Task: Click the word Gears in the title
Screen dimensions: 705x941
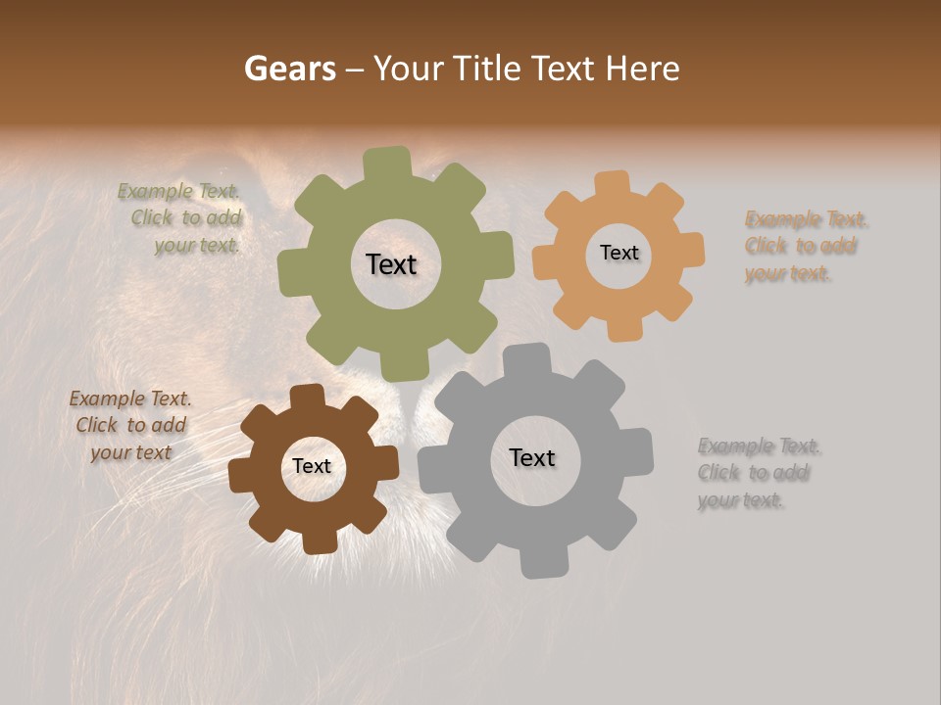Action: coord(289,69)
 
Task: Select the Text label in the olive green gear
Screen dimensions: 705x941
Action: coord(391,264)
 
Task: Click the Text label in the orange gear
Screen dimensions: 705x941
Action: coord(619,253)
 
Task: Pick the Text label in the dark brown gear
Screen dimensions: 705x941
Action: coord(312,466)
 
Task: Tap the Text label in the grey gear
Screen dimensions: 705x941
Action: coord(532,457)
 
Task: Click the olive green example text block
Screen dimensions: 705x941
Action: coord(181,218)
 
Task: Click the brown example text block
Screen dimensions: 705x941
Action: coord(130,425)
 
